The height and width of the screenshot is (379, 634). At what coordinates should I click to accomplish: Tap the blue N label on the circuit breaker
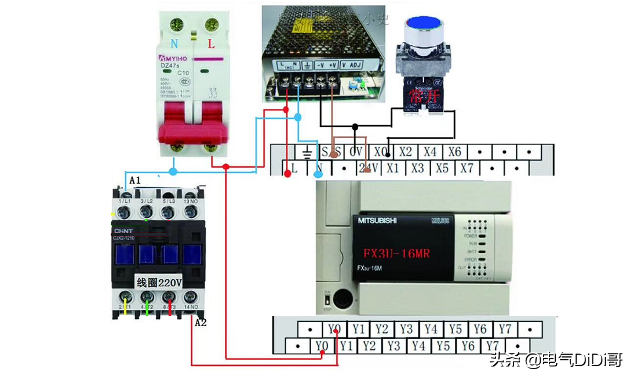pos(174,43)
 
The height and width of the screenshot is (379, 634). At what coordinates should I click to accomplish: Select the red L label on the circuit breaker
pos(211,43)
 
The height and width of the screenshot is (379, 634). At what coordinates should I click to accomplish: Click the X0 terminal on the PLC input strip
pos(380,152)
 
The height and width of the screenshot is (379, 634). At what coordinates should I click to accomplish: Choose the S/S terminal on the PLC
pos(331,152)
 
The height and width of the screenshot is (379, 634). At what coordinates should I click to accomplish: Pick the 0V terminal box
pos(355,152)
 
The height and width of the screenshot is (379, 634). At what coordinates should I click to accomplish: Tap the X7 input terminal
pos(467,168)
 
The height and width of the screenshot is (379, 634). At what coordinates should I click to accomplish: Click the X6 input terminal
pos(455,152)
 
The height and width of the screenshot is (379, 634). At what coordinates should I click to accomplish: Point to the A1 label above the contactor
pos(134,181)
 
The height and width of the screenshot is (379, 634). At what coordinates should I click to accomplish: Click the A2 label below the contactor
pos(201,322)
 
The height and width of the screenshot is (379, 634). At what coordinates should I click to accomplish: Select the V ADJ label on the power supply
pos(352,65)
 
